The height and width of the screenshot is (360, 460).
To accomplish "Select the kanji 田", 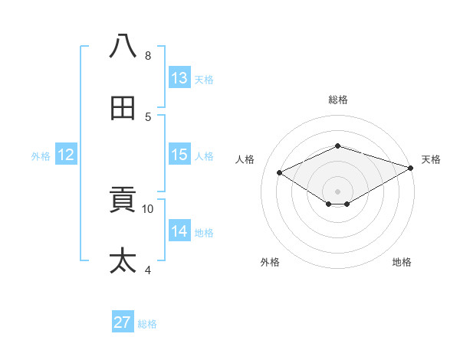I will coord(123,109).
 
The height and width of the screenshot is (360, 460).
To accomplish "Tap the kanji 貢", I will coord(123,201).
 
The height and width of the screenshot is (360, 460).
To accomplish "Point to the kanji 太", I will coord(123,260).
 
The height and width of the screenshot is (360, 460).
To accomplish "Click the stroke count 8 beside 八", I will coord(148,56).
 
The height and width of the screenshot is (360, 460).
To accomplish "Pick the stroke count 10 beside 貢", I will coord(148,208).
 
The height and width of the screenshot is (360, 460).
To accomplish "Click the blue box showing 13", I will coord(179,78).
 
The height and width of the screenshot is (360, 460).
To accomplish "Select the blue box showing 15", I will coord(179,155).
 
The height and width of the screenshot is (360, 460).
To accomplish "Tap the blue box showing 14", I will coord(179,231).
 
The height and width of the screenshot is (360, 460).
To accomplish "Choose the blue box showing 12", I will coord(66,155).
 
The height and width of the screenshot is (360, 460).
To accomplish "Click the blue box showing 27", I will coord(123,322).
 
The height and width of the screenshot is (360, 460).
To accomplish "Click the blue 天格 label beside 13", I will coord(204,80).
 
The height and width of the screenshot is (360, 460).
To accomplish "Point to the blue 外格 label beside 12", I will coord(41,156).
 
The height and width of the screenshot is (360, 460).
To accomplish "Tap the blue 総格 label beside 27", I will coord(147,324).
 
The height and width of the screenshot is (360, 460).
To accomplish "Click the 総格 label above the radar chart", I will coord(337,100).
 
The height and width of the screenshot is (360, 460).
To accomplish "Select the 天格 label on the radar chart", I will coord(431,159).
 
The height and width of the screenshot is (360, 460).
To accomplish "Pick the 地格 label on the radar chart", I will coord(402,262).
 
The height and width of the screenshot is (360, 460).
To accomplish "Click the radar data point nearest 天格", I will coord(412,167).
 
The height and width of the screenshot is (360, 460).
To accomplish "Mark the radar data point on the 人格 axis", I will coord(280,172).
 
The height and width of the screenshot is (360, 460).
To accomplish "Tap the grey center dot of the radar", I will coord(337,191).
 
